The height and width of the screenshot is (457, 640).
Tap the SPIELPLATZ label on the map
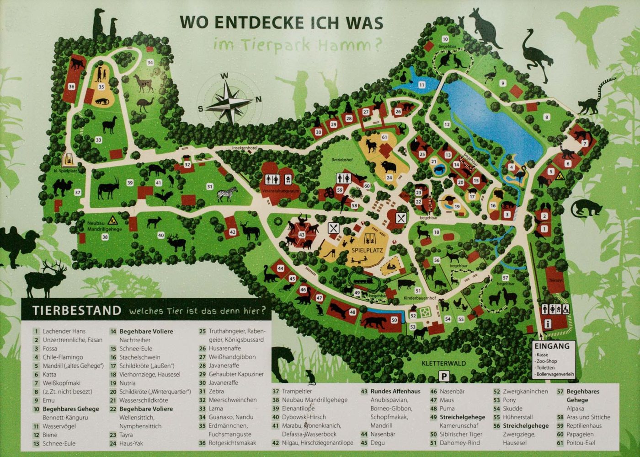coord(367,250)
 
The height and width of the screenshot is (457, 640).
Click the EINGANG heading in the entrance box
coord(552,346)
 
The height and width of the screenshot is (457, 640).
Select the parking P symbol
coord(444,376)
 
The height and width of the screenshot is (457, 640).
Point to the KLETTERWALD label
coord(443,364)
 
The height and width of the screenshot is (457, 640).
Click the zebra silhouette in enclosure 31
coord(227,194)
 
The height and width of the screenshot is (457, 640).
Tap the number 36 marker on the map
coord(71,86)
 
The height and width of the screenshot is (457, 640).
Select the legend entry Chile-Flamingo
coord(63,357)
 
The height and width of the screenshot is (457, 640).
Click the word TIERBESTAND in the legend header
coord(76,311)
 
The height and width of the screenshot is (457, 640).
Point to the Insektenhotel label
coord(245,148)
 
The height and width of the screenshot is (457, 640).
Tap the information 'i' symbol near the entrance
coord(548,324)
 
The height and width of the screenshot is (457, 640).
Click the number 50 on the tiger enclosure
coord(394,320)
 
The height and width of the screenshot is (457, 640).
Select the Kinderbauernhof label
coord(420,298)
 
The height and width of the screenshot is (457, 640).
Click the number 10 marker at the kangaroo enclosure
coord(445,40)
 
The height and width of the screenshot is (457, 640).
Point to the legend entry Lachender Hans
coord(64,331)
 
